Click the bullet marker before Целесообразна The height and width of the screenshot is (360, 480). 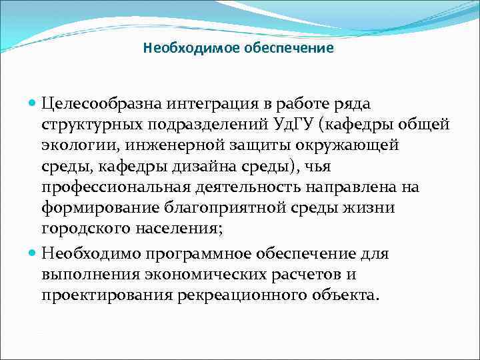click(x=34, y=104)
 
